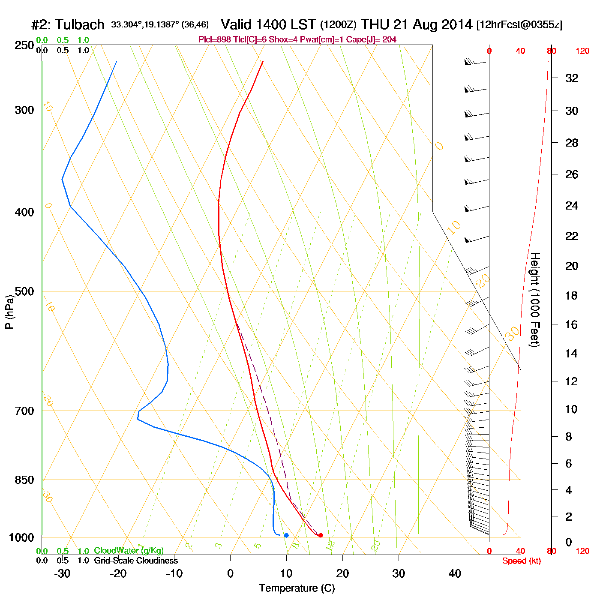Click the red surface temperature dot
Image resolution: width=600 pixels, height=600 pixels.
(x=321, y=535)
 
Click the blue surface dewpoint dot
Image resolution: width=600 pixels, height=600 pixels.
(x=286, y=535)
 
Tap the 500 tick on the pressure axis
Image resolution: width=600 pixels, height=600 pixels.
(x=24, y=291)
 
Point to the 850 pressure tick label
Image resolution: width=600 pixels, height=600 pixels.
(x=24, y=480)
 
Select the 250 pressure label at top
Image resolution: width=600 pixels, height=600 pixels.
(x=24, y=45)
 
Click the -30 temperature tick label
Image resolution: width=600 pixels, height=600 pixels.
(x=62, y=573)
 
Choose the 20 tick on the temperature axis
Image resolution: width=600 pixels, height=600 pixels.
(x=342, y=573)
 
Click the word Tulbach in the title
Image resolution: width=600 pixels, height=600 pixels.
(x=80, y=25)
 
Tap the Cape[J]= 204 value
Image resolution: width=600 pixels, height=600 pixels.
(x=378, y=40)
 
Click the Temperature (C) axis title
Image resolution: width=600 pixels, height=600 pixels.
(x=297, y=588)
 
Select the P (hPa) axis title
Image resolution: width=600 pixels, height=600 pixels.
(x=9, y=312)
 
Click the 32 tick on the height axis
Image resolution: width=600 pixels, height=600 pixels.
(x=572, y=78)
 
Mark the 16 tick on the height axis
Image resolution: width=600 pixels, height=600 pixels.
(x=572, y=324)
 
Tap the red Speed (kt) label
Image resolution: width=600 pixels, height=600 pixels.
(x=521, y=561)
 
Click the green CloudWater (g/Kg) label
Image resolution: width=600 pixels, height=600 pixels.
(x=129, y=551)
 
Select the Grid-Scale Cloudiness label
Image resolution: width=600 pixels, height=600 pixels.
(x=136, y=561)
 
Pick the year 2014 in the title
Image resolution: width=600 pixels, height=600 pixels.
(x=457, y=25)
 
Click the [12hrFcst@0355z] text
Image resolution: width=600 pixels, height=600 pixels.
(x=519, y=25)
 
